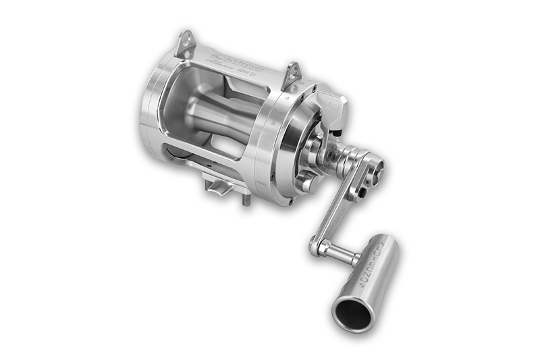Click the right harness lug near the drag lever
coord(293,72)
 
